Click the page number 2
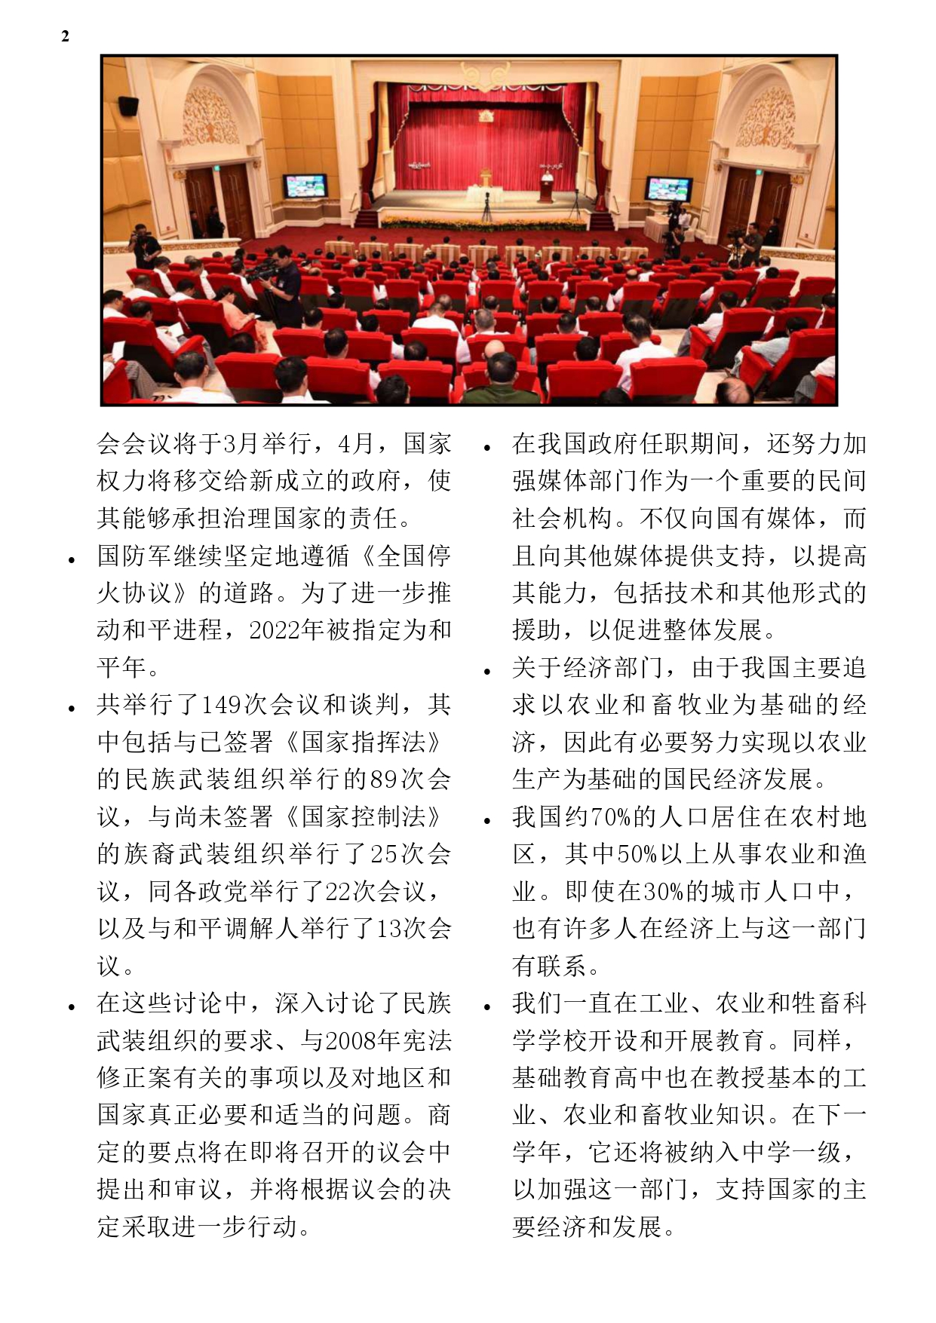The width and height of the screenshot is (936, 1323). (65, 36)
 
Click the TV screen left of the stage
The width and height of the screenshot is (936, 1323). (305, 186)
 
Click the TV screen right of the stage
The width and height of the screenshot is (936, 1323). (669, 188)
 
